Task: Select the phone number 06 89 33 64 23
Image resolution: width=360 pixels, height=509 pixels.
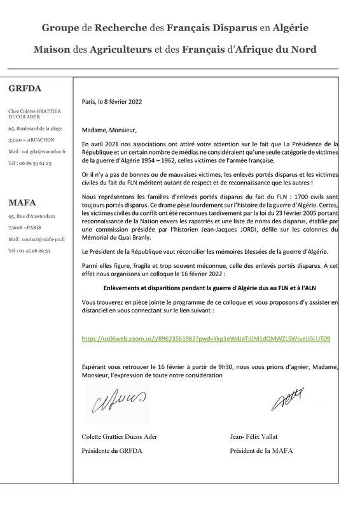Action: click(30, 164)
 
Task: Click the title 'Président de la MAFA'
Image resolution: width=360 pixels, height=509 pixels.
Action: click(258, 452)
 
